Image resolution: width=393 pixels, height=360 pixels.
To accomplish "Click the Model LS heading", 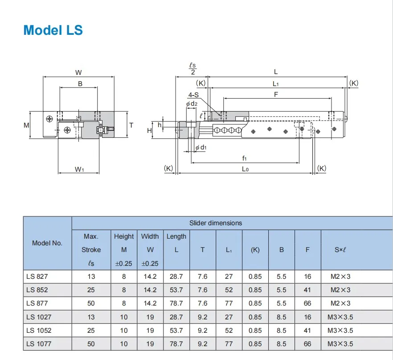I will click(53, 30).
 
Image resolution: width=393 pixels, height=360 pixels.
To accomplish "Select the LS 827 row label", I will click(37, 277).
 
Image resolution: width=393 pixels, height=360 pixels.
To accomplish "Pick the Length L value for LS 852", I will click(176, 290).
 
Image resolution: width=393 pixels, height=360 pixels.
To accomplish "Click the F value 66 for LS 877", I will click(307, 303).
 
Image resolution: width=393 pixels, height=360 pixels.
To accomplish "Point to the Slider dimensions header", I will click(216, 223).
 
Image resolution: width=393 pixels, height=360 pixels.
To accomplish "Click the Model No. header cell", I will click(47, 243).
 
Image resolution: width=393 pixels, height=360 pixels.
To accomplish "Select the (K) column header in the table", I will click(255, 250).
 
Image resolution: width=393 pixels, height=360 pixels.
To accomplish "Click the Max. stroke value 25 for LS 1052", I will click(91, 331).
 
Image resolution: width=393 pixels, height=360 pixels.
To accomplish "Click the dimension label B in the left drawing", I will click(80, 83).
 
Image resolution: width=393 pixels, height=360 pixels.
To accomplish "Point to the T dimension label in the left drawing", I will click(131, 125).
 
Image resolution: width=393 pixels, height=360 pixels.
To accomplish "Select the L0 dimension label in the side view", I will click(245, 169).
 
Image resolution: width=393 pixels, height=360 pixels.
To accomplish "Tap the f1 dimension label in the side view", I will click(245, 158).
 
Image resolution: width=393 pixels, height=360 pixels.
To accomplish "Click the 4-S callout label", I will click(193, 95).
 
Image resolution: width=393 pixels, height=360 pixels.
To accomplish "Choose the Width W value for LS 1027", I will click(150, 317).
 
